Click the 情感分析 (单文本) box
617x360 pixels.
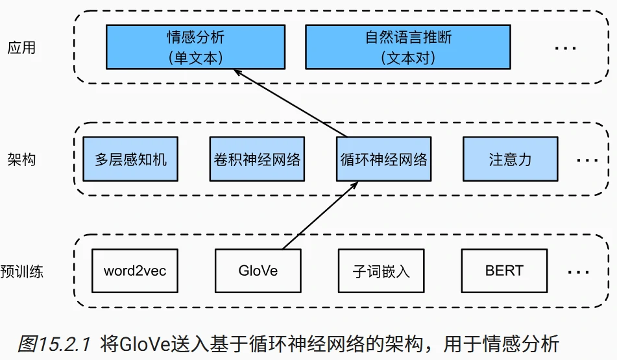tap(195, 47)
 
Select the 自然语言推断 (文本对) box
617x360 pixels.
tap(408, 47)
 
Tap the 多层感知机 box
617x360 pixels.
tap(130, 159)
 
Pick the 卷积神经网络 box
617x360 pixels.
tap(258, 159)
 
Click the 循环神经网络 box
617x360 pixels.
tap(384, 159)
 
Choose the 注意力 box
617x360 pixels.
tap(510, 159)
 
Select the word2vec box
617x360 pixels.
tap(135, 270)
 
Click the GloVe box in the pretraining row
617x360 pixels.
tap(258, 270)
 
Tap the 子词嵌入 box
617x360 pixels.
tap(381, 270)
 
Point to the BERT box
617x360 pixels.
tap(504, 270)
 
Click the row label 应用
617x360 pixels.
tap(21, 47)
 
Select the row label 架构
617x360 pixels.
tap(21, 160)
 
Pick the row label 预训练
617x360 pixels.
tap(22, 271)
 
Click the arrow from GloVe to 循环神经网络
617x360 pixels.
tap(319, 216)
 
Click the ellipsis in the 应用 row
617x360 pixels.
tap(566, 49)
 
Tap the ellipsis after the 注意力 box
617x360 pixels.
tap(587, 161)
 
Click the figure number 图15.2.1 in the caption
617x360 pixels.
tap(55, 344)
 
